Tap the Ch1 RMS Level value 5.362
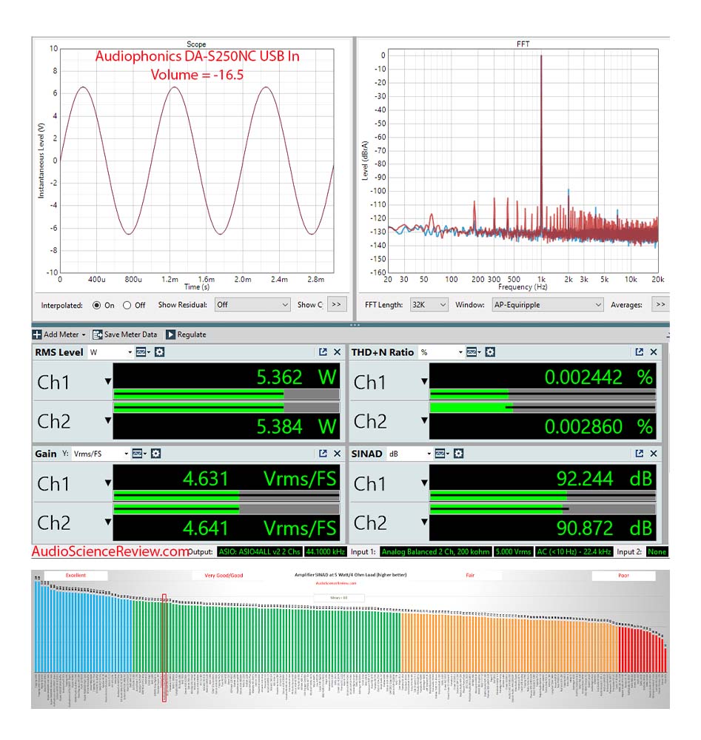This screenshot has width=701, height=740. coord(279,377)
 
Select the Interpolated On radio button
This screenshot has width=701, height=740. coord(97,305)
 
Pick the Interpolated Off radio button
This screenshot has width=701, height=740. coord(127,305)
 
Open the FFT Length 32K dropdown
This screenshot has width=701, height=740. coord(429,305)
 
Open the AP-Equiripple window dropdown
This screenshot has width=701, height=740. coord(547,305)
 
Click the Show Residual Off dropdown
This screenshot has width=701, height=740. coord(252,305)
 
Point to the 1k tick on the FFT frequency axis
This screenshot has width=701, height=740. coord(541,280)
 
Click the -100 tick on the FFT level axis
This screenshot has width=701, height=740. coord(378,191)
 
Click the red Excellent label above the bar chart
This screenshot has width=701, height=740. coord(76,575)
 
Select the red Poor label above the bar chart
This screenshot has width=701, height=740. coord(623,575)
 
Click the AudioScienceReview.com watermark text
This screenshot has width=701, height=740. coord(111,551)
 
